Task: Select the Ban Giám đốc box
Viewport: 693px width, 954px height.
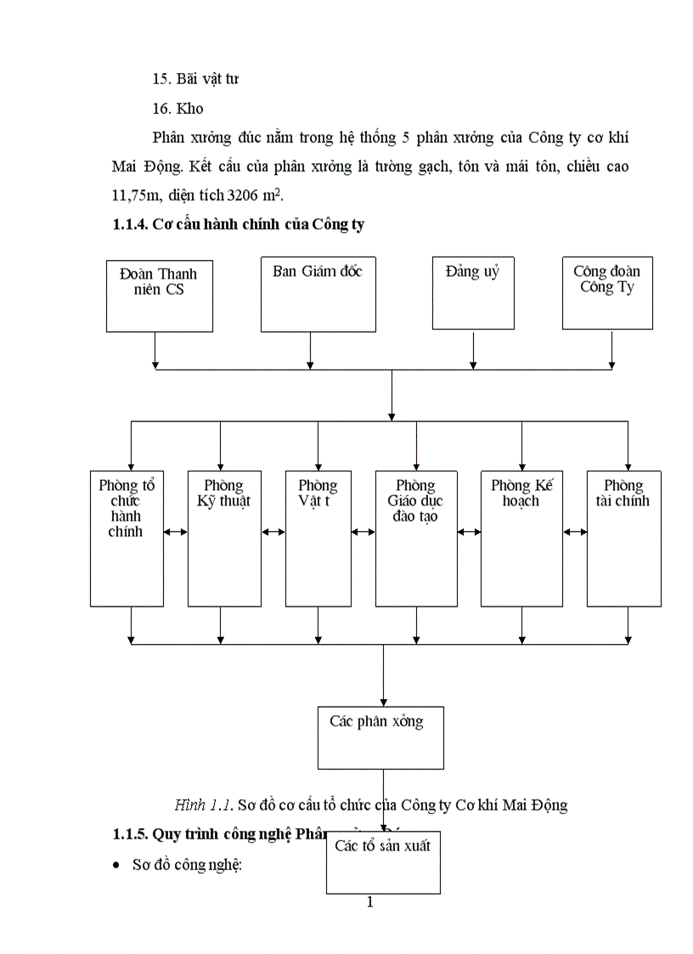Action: (318, 293)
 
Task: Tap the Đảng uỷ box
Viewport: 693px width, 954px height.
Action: (473, 292)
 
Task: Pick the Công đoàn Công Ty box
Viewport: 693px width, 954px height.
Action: (607, 292)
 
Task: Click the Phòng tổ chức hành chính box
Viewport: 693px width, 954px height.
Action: (127, 538)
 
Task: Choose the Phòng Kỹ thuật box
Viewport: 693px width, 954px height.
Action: (224, 538)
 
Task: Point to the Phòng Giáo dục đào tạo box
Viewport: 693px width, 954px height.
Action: (416, 538)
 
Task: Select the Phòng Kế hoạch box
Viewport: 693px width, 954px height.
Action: (521, 538)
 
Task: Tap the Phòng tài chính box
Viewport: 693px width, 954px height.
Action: (624, 538)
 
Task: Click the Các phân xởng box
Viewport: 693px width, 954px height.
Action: (380, 737)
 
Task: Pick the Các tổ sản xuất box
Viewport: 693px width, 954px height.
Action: (383, 861)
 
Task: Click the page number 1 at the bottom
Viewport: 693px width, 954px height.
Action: (369, 902)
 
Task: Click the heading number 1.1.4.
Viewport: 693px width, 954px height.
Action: (132, 225)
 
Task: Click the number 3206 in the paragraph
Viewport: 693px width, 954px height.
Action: (245, 195)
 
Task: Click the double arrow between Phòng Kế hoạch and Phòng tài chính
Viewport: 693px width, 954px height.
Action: (575, 532)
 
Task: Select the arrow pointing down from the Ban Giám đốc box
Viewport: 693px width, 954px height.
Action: (310, 349)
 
